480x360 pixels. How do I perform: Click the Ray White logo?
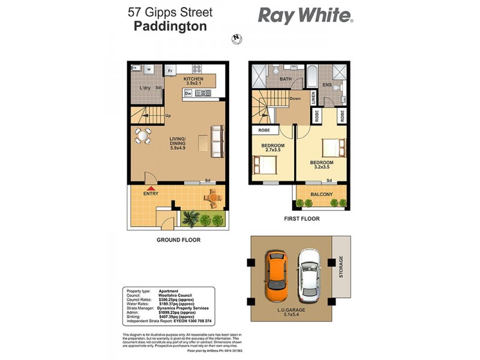pos(305,16)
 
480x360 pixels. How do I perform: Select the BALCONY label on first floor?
pos(322,194)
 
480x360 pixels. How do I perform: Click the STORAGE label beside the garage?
pos(341,266)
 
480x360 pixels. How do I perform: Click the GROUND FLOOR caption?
pos(178,240)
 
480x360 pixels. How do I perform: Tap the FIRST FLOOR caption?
pos(302,219)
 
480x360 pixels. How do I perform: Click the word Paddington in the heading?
pos(170,26)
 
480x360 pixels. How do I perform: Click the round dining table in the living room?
pos(143,137)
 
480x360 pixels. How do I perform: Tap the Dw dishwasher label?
pos(188,94)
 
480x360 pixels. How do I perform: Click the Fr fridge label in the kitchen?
pos(170,71)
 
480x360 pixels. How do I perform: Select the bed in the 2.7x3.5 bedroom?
pos(262,163)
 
